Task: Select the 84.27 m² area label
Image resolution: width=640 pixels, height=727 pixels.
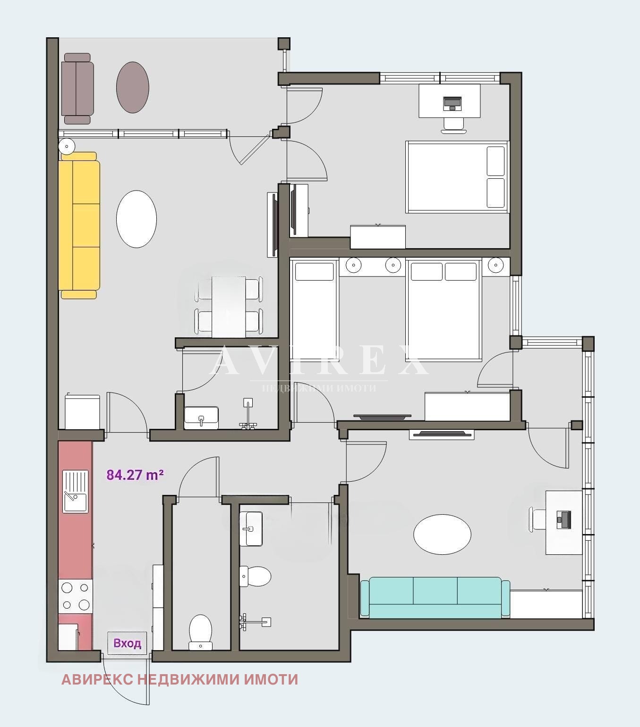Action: [x=135, y=475]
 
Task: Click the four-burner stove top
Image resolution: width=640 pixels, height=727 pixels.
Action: [x=76, y=596]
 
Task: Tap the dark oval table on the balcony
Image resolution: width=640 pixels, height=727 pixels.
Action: [x=133, y=87]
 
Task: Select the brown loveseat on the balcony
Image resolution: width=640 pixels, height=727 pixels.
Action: [x=77, y=89]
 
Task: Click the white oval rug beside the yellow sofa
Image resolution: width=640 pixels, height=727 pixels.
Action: [x=137, y=219]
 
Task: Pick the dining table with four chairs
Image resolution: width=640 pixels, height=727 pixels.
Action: [x=229, y=307]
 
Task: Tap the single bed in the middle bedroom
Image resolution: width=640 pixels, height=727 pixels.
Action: [x=315, y=310]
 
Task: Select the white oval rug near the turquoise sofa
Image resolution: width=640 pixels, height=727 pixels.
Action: [x=443, y=535]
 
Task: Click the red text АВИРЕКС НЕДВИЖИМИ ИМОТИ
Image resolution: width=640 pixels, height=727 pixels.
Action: [x=179, y=679]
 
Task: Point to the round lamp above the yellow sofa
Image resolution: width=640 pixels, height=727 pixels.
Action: [x=67, y=146]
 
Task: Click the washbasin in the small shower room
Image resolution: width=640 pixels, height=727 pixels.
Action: [x=201, y=418]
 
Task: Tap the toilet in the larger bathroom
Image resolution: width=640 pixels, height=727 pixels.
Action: [x=255, y=577]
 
